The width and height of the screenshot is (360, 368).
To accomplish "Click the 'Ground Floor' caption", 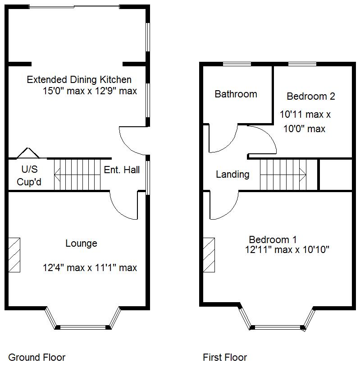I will pos(37,358).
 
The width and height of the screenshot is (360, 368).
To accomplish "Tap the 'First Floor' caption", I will pos(225,358).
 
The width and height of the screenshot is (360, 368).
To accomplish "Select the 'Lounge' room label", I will pos(81,244).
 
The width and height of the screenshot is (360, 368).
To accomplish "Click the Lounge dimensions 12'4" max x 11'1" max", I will pos(90,268).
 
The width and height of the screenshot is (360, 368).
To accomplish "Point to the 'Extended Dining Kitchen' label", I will pos(79,80).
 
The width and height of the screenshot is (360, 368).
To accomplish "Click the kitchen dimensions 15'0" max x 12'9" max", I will pos(90,91).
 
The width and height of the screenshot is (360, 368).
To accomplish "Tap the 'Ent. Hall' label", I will pos(122,170).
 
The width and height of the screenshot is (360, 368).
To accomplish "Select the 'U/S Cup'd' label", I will pos(27,176).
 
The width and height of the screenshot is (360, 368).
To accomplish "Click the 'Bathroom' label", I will pos(236,94).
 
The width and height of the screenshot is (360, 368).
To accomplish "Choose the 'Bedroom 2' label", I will pos(311,96).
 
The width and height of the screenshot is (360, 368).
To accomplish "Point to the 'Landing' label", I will pos(232,175).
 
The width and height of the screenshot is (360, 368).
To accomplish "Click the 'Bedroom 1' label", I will pos(273,239).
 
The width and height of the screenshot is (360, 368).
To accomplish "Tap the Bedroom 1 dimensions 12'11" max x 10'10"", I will pos(287,250).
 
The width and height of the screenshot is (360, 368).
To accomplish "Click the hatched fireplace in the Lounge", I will pos(14,255).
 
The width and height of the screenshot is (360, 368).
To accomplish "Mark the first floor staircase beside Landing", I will pos(283,175).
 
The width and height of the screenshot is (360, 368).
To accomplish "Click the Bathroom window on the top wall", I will pos(237,64).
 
